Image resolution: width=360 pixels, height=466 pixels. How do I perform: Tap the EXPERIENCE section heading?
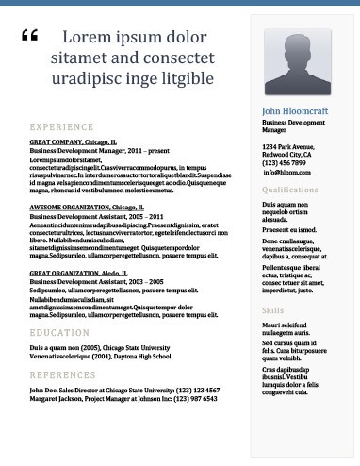(x=61, y=125)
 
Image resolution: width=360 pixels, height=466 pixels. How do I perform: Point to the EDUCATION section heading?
(x=59, y=333)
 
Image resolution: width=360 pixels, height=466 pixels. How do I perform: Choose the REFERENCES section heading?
(x=62, y=374)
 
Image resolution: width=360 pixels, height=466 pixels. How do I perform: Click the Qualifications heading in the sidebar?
(x=289, y=190)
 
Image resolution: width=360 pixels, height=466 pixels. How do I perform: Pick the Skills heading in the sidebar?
(x=272, y=310)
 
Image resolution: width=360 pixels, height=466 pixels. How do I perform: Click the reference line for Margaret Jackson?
(x=123, y=398)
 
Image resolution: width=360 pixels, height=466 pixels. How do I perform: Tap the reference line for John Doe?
(x=124, y=390)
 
